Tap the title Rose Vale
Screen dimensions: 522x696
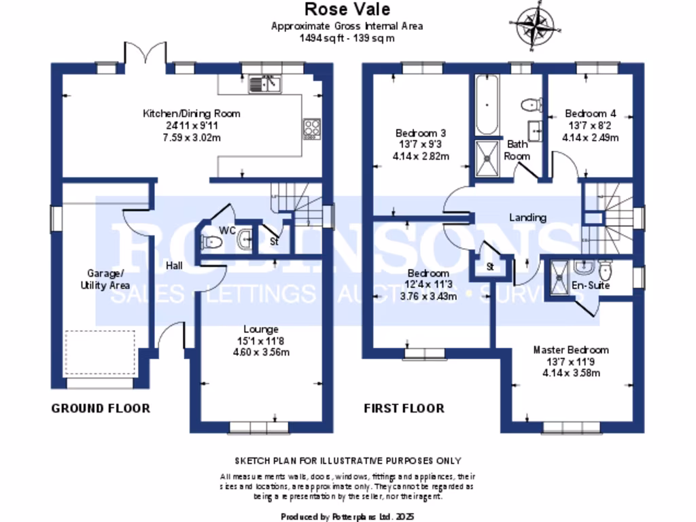click(347, 10)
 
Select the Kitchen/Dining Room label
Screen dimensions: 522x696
click(191, 114)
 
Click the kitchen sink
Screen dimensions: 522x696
click(266, 84)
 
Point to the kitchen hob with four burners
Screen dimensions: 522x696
click(312, 128)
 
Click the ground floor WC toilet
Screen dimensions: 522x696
click(209, 241)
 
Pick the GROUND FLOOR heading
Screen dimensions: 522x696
click(101, 408)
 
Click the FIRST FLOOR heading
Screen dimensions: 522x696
click(404, 408)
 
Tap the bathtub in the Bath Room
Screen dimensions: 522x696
click(486, 106)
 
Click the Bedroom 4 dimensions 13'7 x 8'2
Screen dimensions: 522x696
click(590, 125)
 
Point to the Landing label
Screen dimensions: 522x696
click(528, 217)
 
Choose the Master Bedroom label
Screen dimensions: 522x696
click(570, 350)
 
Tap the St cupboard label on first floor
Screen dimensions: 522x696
click(489, 267)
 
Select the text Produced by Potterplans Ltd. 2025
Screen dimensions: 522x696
click(347, 517)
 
